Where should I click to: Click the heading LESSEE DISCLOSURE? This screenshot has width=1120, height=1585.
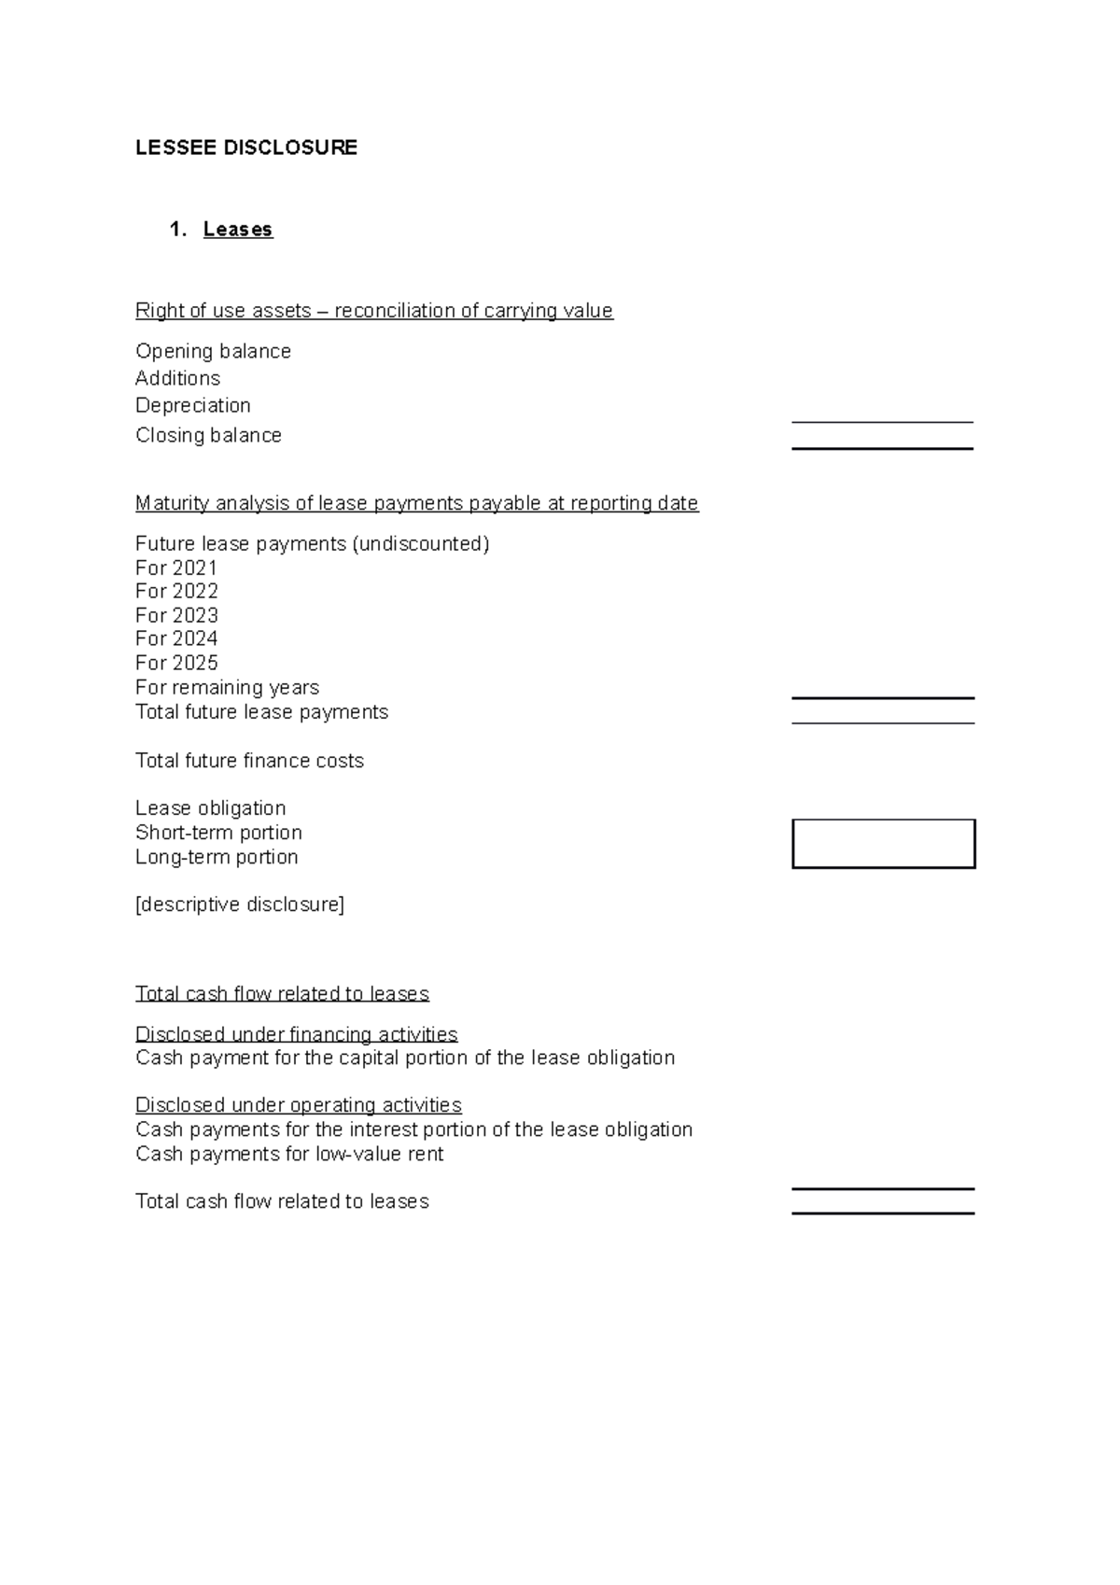(x=246, y=147)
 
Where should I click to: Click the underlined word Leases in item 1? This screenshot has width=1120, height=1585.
(x=238, y=230)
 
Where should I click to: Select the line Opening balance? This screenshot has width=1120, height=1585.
(x=213, y=352)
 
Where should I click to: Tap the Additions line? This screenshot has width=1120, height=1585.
(x=177, y=379)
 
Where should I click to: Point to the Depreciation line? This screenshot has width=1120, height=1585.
(x=193, y=406)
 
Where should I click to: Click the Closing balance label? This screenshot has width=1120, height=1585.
(x=208, y=436)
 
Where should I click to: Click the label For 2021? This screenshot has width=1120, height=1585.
(x=176, y=568)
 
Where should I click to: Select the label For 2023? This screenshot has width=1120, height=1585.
(x=176, y=616)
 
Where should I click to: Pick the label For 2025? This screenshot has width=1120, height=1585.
(x=176, y=664)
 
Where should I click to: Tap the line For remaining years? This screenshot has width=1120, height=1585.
(x=227, y=688)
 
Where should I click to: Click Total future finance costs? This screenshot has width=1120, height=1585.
(x=249, y=761)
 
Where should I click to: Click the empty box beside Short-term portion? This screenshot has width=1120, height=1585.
(x=883, y=844)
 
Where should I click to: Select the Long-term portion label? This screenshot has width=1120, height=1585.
(x=217, y=857)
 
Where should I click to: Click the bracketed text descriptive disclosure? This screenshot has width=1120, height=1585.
(x=240, y=905)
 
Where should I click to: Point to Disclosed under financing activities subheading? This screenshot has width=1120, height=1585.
(x=297, y=1034)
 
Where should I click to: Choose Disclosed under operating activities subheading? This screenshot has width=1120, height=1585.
(x=299, y=1105)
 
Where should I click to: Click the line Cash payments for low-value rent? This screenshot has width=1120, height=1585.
(x=289, y=1155)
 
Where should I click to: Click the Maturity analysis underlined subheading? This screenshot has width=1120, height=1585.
(x=416, y=504)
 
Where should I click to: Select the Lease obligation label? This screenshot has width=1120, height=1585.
(x=211, y=808)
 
